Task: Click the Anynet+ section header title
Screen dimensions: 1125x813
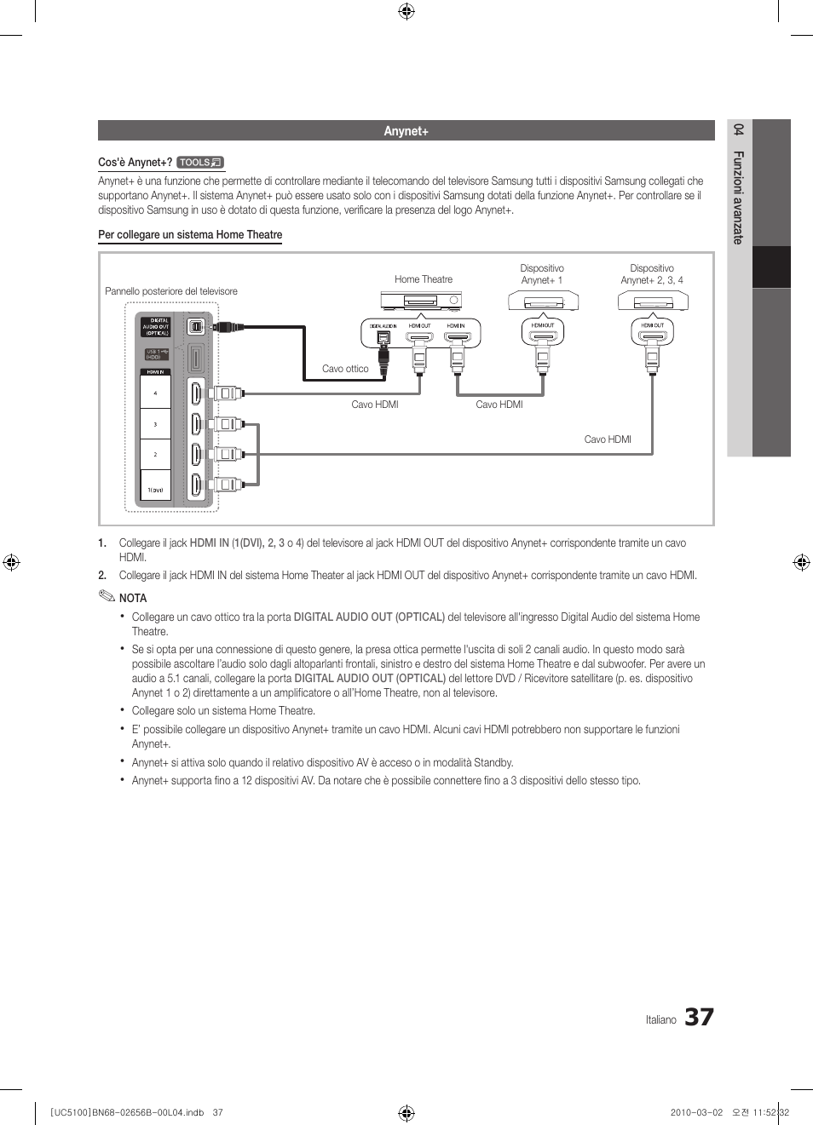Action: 406,131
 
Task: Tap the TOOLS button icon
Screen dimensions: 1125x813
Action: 200,163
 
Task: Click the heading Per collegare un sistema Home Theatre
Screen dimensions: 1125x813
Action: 190,235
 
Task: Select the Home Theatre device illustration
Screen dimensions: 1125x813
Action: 420,301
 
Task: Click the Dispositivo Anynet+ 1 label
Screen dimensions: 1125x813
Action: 542,274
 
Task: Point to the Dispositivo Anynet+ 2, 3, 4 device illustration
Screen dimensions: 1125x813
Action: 652,301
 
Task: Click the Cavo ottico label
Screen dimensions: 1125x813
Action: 345,369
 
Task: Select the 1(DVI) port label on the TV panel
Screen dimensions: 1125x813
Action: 155,491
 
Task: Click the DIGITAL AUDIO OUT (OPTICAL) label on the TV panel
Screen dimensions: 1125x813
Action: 156,327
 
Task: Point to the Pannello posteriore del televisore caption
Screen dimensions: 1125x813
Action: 171,291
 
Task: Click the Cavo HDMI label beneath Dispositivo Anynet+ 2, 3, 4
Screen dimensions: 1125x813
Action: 608,439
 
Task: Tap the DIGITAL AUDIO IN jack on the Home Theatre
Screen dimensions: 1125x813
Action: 383,337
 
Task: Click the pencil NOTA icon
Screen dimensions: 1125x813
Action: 107,596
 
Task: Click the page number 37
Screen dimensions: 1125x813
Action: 699,1017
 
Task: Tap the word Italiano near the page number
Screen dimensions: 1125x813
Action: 660,1019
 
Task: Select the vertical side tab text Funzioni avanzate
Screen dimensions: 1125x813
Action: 739,198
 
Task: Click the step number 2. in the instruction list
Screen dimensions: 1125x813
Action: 102,575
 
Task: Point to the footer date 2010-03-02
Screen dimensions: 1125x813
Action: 696,1112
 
